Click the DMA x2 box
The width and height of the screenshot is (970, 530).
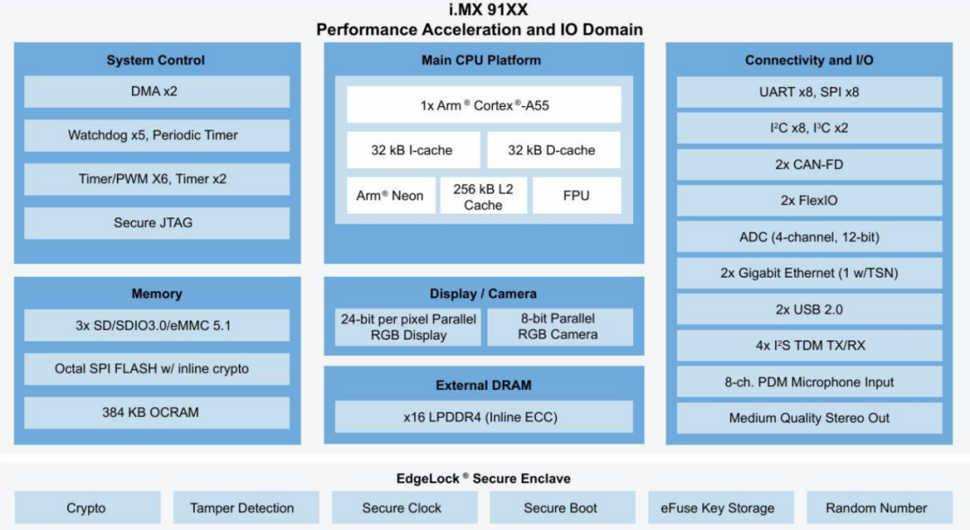(x=156, y=92)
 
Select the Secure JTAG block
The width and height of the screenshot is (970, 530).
(x=156, y=223)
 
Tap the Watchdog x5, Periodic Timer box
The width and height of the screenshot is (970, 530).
(x=156, y=136)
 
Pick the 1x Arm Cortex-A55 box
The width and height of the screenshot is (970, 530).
(x=484, y=104)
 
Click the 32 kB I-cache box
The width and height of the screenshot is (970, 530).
(x=412, y=150)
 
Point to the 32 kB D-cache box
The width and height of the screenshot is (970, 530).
(x=553, y=150)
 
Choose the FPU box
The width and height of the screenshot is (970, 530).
(x=577, y=196)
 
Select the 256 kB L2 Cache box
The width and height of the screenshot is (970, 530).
(x=483, y=196)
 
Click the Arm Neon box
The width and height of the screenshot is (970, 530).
(x=391, y=196)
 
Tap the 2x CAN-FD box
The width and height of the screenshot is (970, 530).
(x=809, y=164)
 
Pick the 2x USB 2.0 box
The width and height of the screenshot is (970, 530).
(x=809, y=309)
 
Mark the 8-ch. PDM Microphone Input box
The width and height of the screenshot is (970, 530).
(x=809, y=382)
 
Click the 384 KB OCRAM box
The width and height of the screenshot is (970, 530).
(x=156, y=412)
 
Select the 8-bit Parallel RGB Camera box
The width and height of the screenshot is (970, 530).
(x=560, y=327)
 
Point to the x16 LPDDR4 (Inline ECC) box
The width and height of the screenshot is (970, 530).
(x=484, y=417)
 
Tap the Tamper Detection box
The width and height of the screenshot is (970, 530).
(x=245, y=508)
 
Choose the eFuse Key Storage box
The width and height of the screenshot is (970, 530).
(x=720, y=508)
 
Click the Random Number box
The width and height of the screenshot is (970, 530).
(x=879, y=508)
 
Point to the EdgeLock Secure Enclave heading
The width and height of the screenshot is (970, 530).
(x=483, y=478)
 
